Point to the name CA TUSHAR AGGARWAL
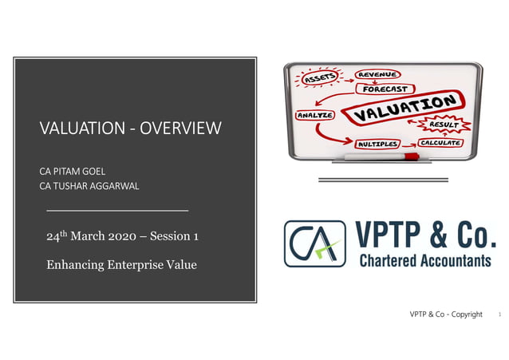coord(90,186)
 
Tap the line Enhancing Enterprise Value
coord(121,265)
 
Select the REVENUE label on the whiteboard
coord(378,75)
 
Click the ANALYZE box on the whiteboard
coord(314,115)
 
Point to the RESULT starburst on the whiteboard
coord(443,126)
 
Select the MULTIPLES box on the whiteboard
coord(377,144)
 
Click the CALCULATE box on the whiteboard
coord(440,143)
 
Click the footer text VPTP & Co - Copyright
coord(447,315)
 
